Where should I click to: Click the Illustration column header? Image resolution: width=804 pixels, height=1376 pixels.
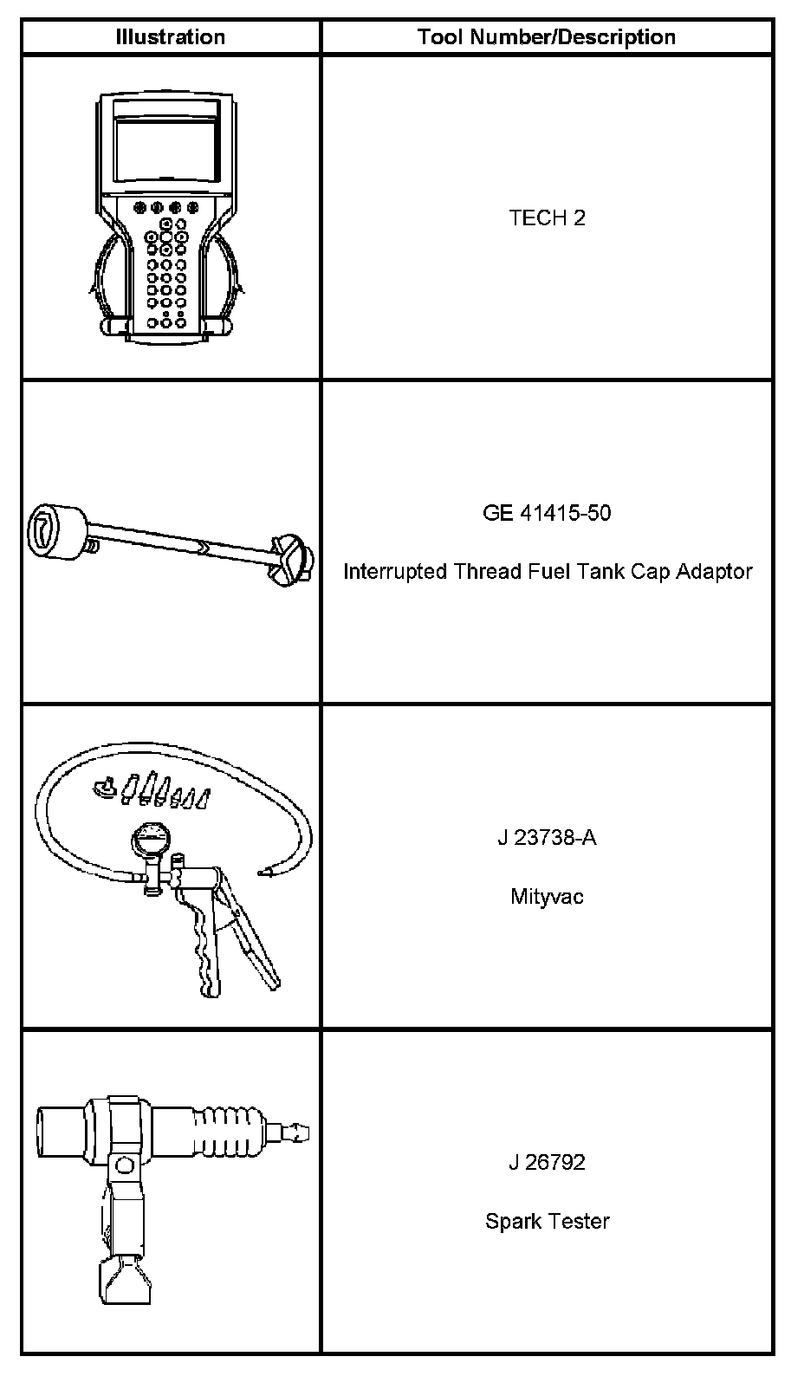(171, 37)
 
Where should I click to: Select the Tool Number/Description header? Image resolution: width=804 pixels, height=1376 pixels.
(546, 37)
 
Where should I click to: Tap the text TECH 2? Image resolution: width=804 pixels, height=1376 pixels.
(547, 217)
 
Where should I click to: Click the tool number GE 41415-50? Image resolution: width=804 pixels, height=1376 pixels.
(547, 513)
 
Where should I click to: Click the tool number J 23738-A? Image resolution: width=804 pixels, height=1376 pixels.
(547, 838)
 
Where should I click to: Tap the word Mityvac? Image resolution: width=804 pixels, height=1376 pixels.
(547, 897)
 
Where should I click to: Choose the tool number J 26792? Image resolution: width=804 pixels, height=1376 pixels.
(547, 1162)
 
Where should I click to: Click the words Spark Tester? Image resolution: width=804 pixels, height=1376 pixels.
(547, 1221)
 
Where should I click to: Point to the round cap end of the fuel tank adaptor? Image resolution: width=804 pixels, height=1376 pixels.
(57, 529)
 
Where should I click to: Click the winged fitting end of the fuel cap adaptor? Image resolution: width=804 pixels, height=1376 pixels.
(290, 559)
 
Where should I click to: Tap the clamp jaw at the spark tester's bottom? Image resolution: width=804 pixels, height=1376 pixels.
(123, 1277)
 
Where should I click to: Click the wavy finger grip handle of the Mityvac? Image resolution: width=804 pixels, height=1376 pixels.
(205, 949)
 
